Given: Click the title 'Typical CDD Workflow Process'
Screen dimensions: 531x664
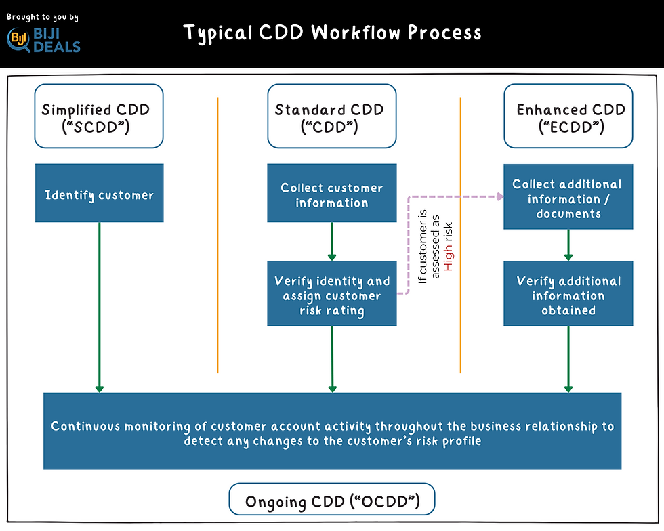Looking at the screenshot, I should tap(332, 33).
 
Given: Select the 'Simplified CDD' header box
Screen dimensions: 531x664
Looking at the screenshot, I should tap(99, 116).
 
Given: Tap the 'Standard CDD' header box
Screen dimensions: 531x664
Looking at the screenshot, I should tap(331, 116).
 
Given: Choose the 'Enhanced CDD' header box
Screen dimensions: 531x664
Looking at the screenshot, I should tap(568, 116).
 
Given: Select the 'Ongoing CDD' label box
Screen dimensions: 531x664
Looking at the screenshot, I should tap(331, 501).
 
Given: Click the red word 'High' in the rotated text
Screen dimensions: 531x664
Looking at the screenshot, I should tap(448, 258).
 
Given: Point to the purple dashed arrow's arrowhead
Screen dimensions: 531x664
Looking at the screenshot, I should tap(500, 196).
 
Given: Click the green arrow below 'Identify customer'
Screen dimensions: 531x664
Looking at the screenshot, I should tap(100, 305).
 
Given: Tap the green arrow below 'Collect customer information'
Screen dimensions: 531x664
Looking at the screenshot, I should tap(332, 242).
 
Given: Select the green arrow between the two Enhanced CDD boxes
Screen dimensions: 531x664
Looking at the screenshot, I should tap(568, 245).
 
